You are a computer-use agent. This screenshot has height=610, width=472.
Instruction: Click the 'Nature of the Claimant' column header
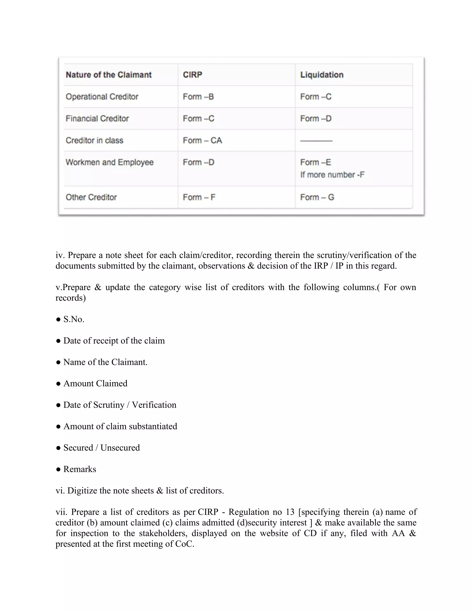pos(109,75)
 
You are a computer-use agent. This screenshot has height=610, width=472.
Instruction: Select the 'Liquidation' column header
pos(322,75)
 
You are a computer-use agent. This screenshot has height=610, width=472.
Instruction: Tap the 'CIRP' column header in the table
pos(192,75)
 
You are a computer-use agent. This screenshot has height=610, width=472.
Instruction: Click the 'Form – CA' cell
pos(202,140)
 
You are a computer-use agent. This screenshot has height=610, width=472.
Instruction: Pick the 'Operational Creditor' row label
pos(102,97)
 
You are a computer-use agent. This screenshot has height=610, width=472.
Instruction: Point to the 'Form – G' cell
pos(317,197)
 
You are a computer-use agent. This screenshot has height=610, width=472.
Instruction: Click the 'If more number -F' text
pos(332,175)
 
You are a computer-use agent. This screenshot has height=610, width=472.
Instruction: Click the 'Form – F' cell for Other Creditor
pos(199,197)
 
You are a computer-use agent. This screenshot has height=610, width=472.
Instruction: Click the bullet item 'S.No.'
pos(74,319)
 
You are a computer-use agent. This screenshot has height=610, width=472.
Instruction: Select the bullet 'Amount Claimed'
pos(95,383)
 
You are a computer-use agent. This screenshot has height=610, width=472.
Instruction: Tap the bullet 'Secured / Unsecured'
pos(101,448)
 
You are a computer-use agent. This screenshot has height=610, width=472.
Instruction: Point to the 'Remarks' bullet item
pos(80,469)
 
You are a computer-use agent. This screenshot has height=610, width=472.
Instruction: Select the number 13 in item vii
pos(290,512)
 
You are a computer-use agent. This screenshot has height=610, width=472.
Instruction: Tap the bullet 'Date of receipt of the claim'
pos(114,341)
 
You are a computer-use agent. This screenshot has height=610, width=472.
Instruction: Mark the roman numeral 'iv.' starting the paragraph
pos(60,255)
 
